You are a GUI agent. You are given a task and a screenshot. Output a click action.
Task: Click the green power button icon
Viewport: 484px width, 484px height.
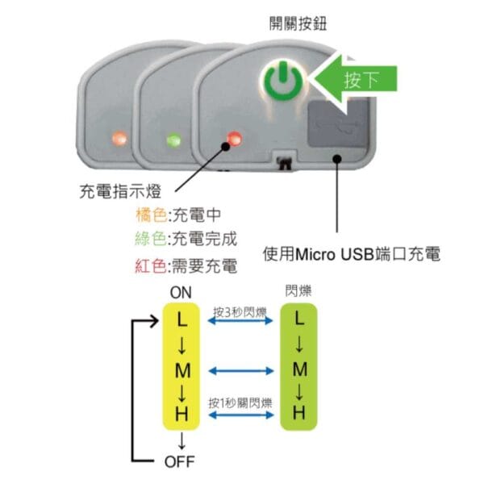point(283,81)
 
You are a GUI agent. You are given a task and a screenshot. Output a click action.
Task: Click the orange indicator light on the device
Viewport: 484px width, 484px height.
point(119,138)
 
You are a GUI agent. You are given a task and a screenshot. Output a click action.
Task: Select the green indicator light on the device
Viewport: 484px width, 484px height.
point(173,140)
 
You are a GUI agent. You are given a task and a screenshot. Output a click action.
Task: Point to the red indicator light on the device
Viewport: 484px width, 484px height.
point(234,138)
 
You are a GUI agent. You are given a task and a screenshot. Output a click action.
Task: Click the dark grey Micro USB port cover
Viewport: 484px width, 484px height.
point(338,123)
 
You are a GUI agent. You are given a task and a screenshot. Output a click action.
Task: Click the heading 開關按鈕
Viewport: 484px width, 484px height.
point(298,23)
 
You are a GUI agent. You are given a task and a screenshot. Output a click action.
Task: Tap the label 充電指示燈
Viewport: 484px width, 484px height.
point(120,191)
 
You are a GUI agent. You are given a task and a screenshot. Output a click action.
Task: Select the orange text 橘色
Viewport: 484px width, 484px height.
point(152,215)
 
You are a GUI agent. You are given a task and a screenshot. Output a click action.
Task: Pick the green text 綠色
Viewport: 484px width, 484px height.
point(151,239)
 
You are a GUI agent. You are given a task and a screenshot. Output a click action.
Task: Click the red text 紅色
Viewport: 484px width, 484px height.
point(151,265)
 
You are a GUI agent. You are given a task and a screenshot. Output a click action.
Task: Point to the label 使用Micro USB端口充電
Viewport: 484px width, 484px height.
point(352,254)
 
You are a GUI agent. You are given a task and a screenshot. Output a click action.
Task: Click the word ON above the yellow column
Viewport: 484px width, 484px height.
point(181,292)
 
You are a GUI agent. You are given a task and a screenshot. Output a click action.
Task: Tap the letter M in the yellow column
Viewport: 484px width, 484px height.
point(182,370)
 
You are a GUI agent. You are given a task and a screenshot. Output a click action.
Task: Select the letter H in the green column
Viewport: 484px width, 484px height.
point(298,413)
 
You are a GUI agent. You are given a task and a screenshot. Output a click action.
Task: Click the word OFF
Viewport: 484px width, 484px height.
point(179,461)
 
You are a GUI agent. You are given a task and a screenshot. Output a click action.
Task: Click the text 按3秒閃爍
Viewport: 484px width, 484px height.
point(240,312)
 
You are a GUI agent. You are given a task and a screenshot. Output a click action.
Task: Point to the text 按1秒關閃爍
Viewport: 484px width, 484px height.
point(240,403)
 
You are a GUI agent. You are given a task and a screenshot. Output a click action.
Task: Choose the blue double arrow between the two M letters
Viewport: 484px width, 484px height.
point(241,371)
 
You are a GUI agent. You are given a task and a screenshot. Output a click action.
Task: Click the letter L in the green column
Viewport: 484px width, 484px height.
point(298,318)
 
